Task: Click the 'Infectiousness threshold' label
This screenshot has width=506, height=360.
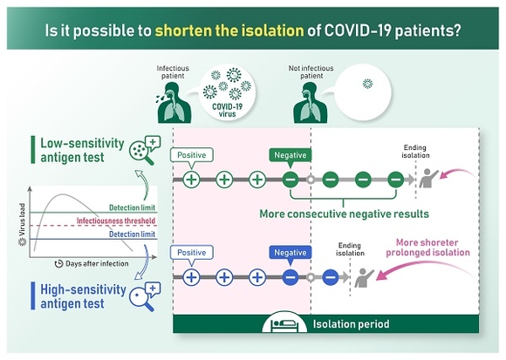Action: [116, 221]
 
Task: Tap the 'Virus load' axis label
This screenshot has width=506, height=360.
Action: [22, 220]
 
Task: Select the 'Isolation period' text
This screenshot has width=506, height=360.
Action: [351, 324]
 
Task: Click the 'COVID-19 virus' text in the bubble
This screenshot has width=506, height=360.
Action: [227, 110]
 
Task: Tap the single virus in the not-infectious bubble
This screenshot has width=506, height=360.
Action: [367, 84]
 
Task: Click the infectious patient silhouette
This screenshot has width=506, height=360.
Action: [174, 103]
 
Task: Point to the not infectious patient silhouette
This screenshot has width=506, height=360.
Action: [311, 103]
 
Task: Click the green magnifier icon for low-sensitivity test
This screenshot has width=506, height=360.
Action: [145, 150]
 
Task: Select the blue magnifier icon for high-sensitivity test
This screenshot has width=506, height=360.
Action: [145, 296]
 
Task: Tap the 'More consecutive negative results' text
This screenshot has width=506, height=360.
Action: [344, 214]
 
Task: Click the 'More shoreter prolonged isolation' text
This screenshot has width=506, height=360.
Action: [427, 248]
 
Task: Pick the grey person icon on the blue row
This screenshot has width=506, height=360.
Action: [364, 277]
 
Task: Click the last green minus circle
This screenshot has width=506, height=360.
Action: [395, 180]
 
